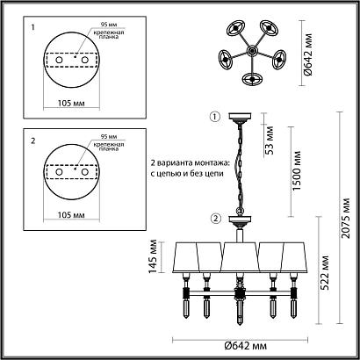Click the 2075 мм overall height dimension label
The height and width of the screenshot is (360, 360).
(x=346, y=218)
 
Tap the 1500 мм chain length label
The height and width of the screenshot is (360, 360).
(x=297, y=171)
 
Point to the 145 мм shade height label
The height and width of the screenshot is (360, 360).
(x=153, y=257)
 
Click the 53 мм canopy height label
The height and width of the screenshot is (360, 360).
(x=269, y=140)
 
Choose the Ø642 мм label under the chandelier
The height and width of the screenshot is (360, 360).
(x=246, y=346)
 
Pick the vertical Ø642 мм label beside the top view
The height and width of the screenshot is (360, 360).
(x=308, y=54)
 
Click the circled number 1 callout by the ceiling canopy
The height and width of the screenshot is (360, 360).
(x=215, y=117)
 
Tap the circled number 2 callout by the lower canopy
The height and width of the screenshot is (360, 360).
(x=216, y=219)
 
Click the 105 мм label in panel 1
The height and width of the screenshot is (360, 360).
(x=71, y=104)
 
